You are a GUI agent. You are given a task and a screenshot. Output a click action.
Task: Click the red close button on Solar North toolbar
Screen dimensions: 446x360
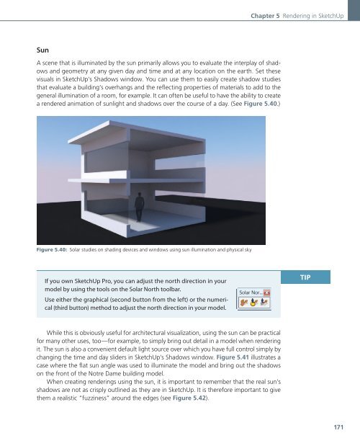266,293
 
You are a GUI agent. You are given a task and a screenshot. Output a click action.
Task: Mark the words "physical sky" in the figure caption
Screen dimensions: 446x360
241,249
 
